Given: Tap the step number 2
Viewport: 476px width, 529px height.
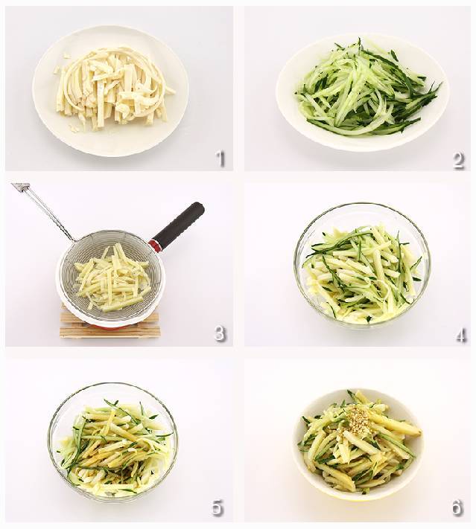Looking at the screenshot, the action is point(458,159).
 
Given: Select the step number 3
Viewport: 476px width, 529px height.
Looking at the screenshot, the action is point(220,333).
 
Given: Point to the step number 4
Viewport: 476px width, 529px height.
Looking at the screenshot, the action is point(460,335).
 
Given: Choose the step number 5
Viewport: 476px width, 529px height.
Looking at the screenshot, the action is point(218,507).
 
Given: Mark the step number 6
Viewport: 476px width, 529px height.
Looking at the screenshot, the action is point(457,507).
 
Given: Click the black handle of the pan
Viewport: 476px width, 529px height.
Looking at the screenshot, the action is point(180,223).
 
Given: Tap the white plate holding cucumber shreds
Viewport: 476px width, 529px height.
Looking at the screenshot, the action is point(363,92).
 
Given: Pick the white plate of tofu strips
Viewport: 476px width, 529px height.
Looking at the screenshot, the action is point(110,91).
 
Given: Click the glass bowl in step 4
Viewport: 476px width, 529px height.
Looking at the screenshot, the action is point(362,265).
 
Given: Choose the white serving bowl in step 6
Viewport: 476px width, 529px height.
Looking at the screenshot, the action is point(358,446).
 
